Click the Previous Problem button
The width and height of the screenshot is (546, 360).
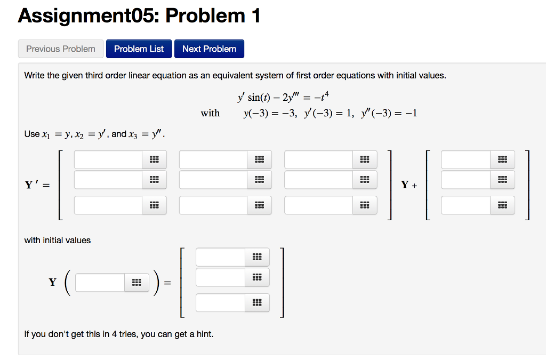click(x=61, y=49)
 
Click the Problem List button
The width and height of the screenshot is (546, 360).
click(x=139, y=49)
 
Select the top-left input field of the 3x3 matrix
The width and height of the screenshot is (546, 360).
click(x=108, y=159)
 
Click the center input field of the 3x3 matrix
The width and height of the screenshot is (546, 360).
click(x=213, y=180)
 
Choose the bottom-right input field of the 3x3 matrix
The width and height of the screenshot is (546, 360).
click(x=319, y=205)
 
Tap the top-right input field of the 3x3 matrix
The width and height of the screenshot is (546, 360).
click(x=319, y=159)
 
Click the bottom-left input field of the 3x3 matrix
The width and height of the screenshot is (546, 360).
click(x=108, y=205)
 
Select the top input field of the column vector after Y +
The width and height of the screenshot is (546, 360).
click(x=465, y=159)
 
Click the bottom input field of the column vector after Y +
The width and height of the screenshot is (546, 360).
click(x=465, y=205)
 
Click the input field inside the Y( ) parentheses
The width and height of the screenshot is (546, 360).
click(x=100, y=283)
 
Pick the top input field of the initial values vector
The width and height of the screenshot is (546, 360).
click(x=220, y=257)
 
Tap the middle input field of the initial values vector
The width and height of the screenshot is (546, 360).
click(x=220, y=277)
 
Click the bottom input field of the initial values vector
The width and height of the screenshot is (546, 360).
click(x=220, y=303)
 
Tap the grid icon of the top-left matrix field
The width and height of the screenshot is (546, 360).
click(x=155, y=159)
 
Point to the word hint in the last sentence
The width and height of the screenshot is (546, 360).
click(x=205, y=334)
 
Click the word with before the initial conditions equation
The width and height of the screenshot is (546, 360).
click(x=210, y=113)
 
